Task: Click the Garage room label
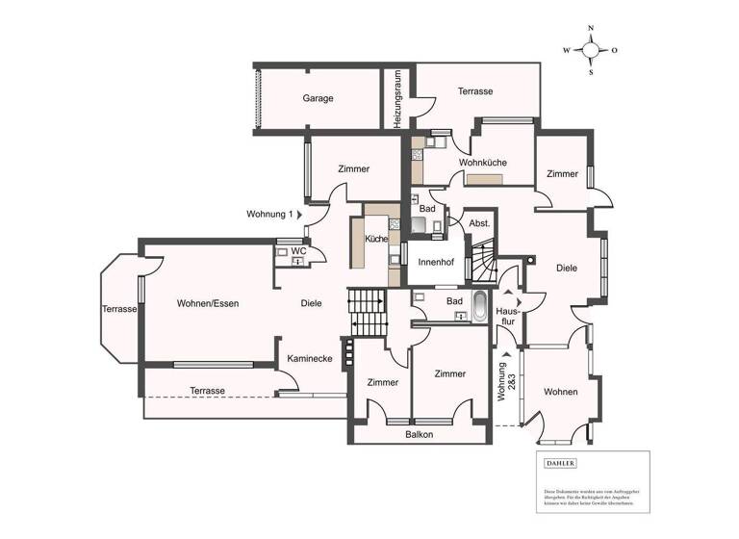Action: [x=318, y=98]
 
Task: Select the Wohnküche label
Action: [x=482, y=163]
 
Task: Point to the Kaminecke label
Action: [x=310, y=358]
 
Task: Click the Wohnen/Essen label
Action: [x=207, y=303]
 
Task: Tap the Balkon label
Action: [x=419, y=434]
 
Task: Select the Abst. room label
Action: [x=479, y=223]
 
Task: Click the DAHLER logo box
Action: [x=561, y=463]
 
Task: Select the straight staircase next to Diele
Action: [x=366, y=312]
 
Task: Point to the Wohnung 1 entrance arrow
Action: [x=299, y=214]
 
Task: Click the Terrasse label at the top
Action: [x=475, y=91]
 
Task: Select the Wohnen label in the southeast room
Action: [x=560, y=392]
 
